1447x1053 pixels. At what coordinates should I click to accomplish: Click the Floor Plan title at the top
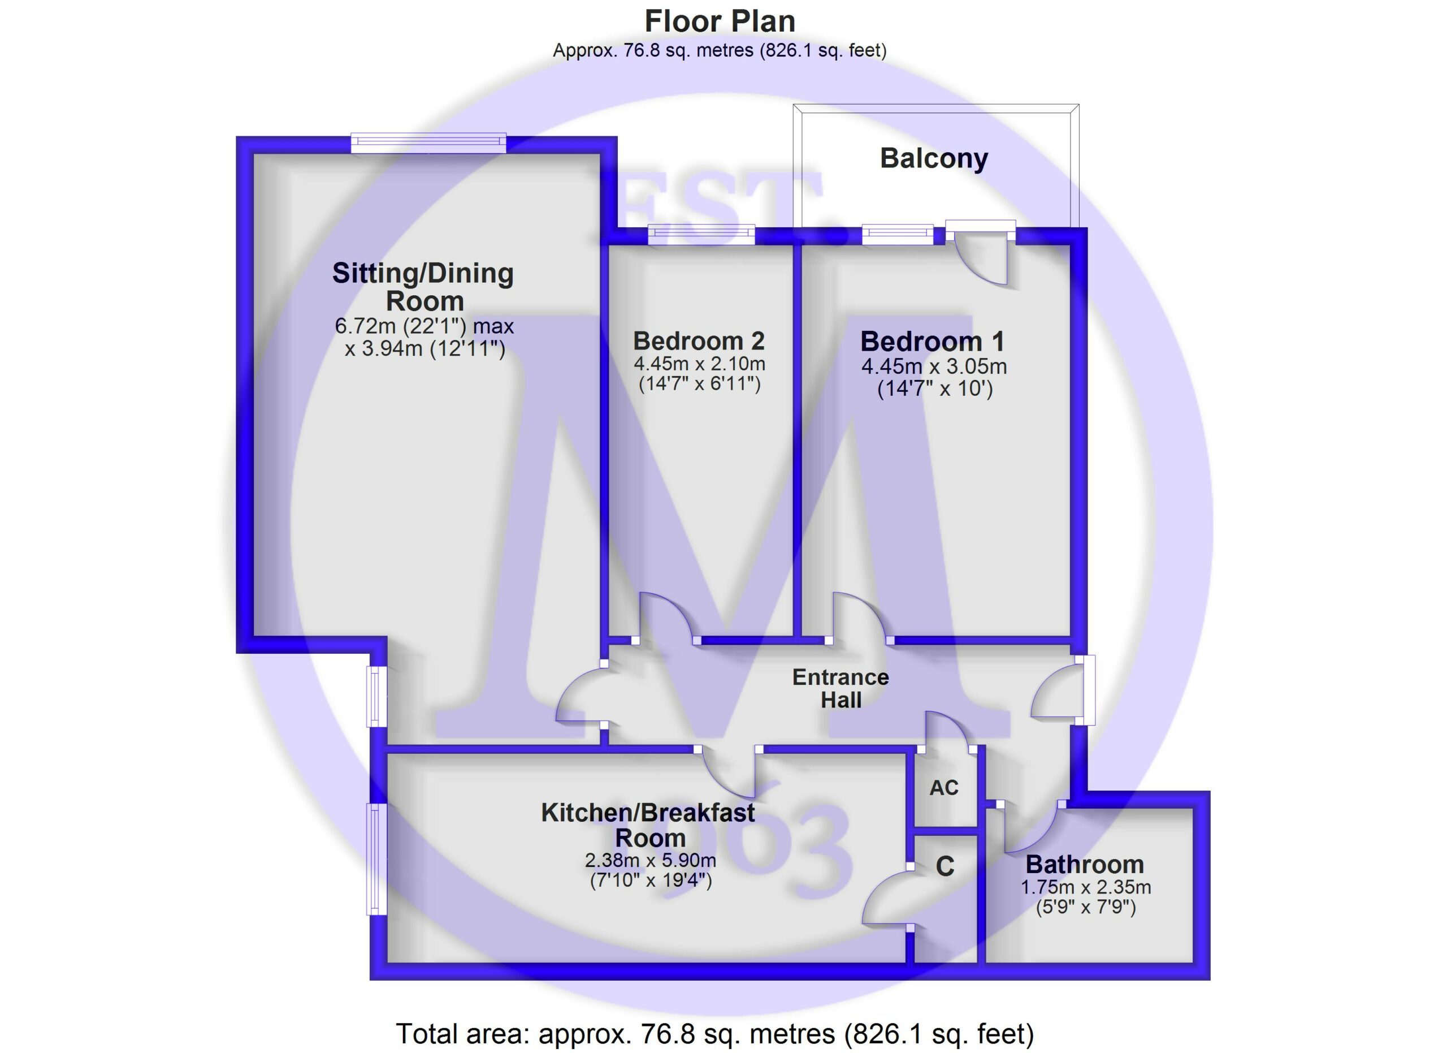coord(720,21)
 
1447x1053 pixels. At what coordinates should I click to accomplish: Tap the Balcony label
coord(933,158)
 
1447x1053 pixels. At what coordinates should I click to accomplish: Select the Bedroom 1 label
coord(932,342)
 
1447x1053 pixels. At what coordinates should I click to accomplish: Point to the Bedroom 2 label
coord(699,341)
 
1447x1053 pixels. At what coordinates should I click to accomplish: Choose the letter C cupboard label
coord(945,866)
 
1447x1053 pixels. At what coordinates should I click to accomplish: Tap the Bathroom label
coord(1085,865)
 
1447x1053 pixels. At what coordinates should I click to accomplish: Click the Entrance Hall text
coord(841,689)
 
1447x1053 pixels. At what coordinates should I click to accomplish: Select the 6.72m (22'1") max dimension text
coord(424,326)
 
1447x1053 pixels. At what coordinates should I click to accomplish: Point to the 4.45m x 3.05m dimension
coord(934,366)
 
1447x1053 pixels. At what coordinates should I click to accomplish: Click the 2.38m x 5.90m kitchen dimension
coord(650,860)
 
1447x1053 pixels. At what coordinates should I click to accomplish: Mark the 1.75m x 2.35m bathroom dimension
coord(1085,887)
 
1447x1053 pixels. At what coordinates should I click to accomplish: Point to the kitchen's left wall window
coord(376,859)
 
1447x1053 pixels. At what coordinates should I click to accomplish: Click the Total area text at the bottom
coord(714,1034)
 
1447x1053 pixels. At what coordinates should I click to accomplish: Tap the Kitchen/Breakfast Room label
coord(648,825)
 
